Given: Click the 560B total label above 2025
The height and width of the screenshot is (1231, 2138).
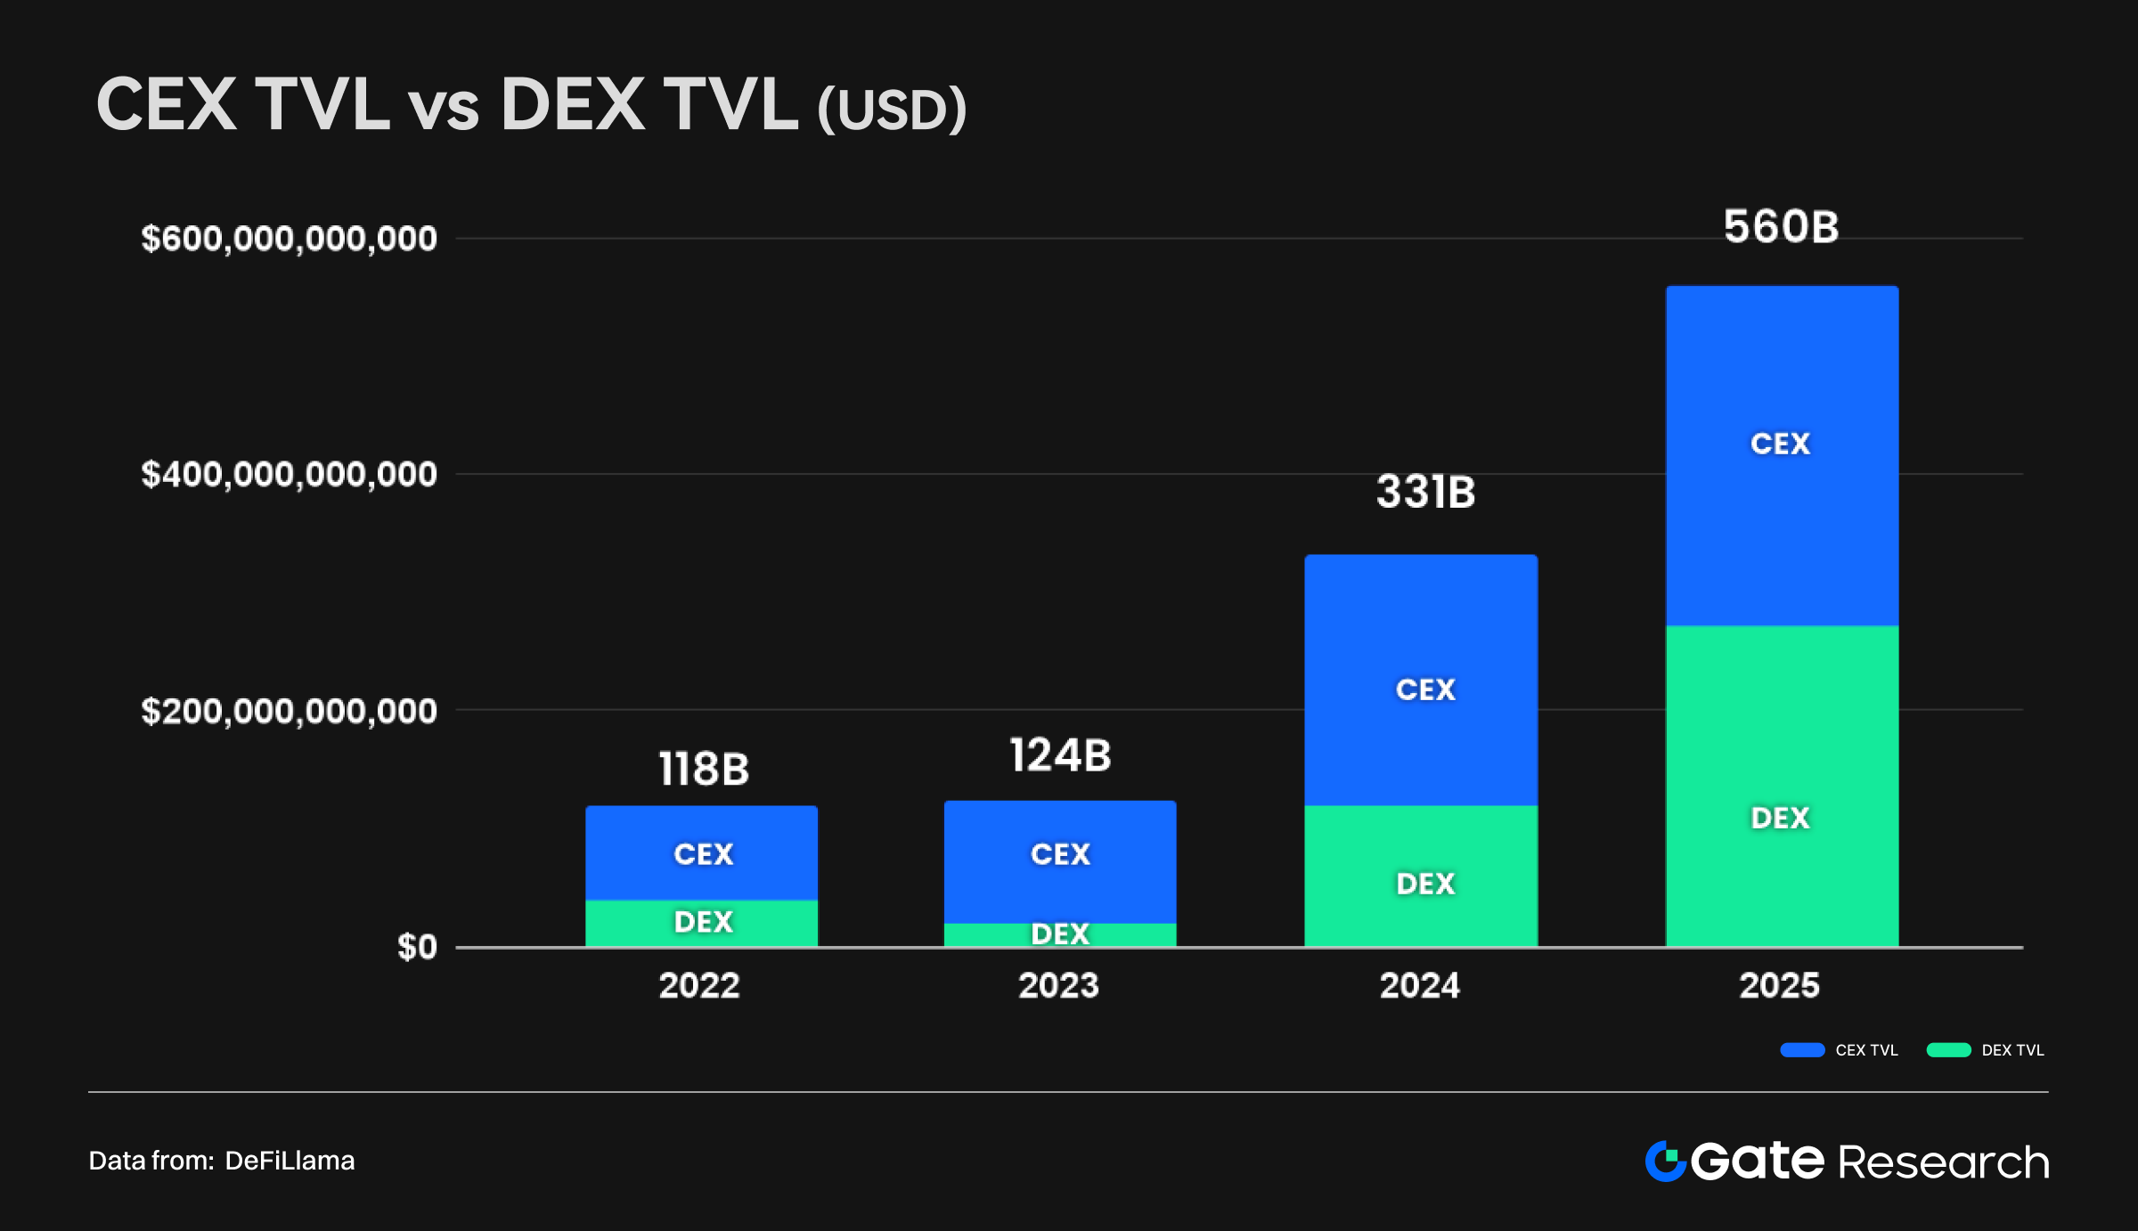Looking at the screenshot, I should coord(1781,227).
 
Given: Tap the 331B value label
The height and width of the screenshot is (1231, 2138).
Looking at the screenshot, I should coord(1425,492).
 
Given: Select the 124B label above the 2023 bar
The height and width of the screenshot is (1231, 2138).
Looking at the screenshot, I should coord(1060,755).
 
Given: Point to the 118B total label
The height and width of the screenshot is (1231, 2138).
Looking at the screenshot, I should coord(704,769).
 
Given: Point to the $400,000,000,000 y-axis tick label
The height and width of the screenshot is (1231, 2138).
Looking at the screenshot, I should coord(289,475).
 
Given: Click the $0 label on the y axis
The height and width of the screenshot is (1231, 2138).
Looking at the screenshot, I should coord(417,947).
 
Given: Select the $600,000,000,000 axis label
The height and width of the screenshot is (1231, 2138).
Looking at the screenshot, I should coord(289,239).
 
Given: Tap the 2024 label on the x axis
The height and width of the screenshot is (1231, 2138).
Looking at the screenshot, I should coord(1420,985).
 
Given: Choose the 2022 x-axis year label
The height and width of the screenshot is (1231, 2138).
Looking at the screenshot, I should coord(699,985).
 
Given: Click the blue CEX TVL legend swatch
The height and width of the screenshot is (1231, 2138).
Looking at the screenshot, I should coord(1802,1050).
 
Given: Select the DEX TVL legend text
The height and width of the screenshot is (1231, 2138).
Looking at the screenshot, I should coord(2012,1050).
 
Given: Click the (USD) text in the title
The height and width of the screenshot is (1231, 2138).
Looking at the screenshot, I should coord(891,110).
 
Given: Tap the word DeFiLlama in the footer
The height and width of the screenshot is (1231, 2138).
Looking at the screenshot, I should coord(290,1161).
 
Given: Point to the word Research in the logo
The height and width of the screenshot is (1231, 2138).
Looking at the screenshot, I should coord(1943,1162).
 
